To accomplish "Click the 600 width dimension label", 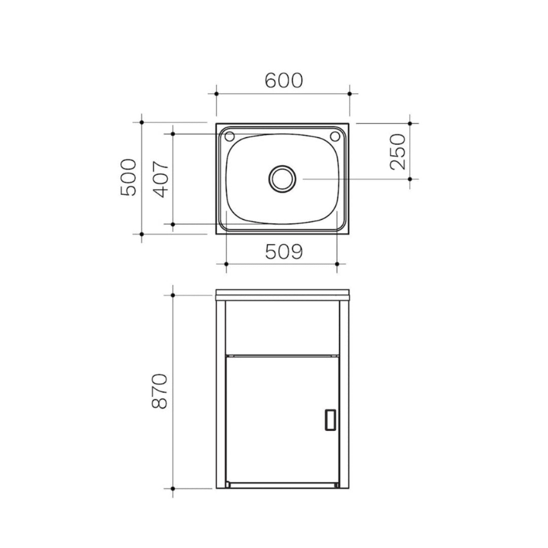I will [x=284, y=80].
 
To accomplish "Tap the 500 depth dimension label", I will [x=128, y=177].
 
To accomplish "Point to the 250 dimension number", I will [x=398, y=151].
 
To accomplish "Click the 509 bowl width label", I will [x=284, y=251].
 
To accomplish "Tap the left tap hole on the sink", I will [x=229, y=136].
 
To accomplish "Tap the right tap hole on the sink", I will [x=334, y=136].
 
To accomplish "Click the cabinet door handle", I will [x=330, y=420].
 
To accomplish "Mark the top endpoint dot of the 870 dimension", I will [x=173, y=295].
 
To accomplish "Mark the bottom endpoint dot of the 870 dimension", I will [x=173, y=489].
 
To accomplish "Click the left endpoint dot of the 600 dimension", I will [x=216, y=93].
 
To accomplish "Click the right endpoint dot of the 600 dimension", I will [x=350, y=93].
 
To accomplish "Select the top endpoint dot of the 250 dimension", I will [x=410, y=123].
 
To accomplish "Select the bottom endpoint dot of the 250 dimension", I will [x=410, y=179].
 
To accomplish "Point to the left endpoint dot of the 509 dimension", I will [x=226, y=264].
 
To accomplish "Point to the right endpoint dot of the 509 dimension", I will [x=337, y=264].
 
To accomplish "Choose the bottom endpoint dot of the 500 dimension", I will [x=142, y=234].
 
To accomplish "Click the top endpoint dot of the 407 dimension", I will [x=173, y=134].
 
